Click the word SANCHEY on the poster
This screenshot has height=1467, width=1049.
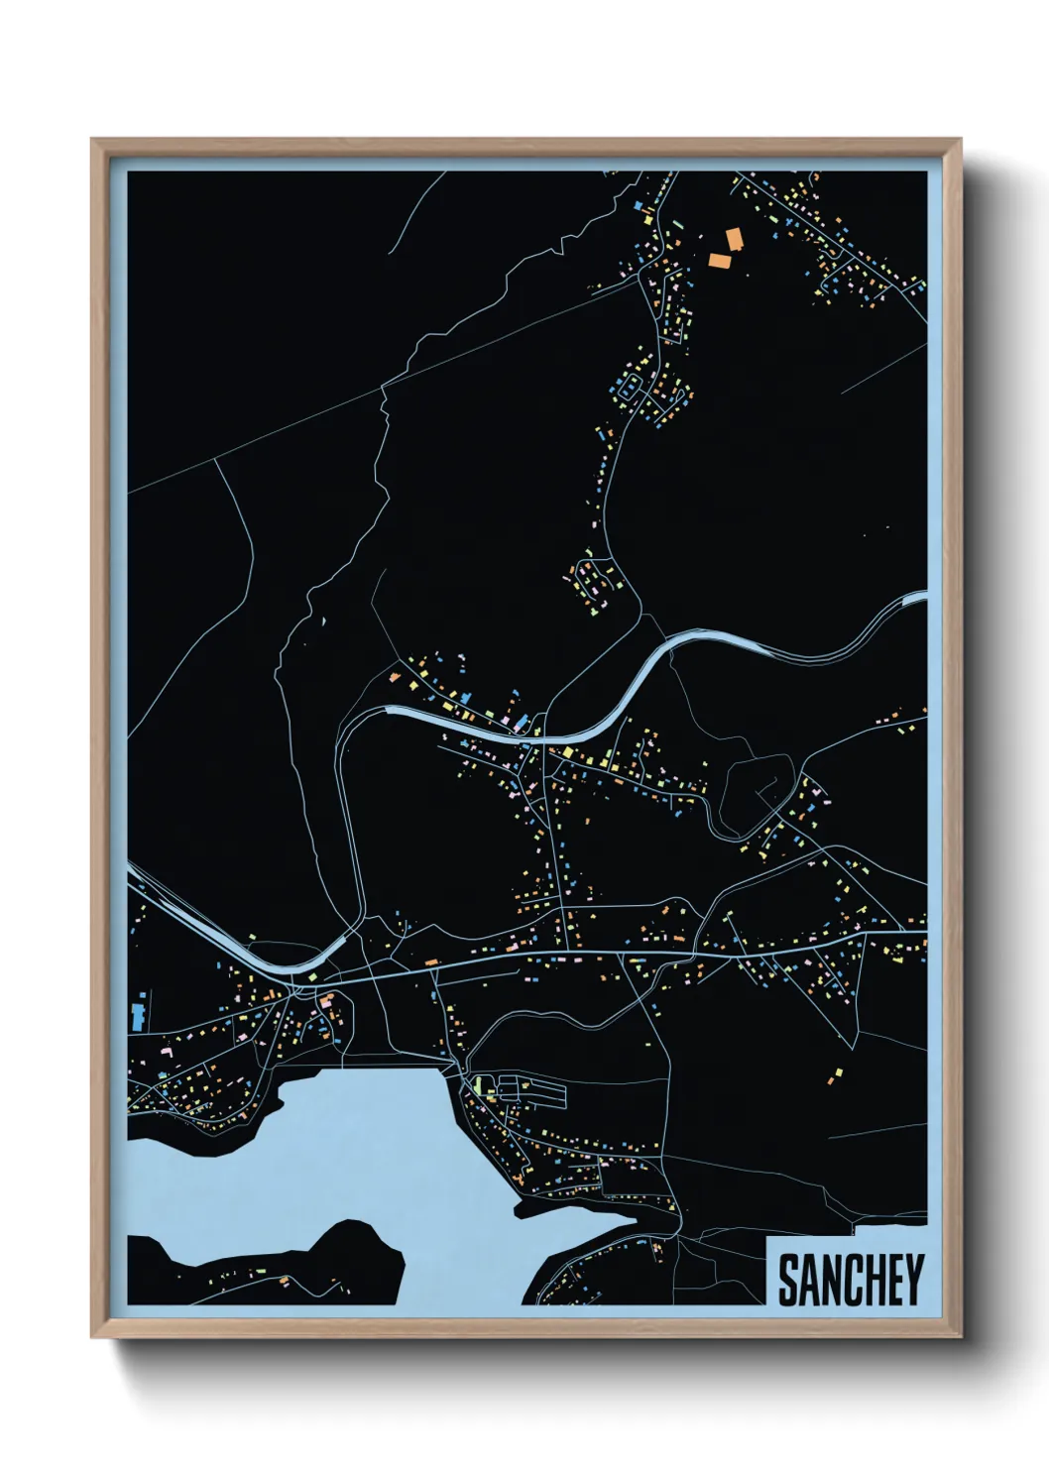tap(851, 1280)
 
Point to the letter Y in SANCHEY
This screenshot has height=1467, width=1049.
tap(914, 1280)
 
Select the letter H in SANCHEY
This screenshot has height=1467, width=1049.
tap(873, 1280)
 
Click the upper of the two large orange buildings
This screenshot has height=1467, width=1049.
tap(735, 239)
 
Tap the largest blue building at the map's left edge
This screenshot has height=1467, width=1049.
tap(137, 1016)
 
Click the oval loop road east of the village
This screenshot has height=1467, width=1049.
tap(754, 793)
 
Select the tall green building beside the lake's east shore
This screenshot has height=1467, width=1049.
tap(478, 1086)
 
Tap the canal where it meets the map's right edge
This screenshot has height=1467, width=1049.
tap(918, 598)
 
